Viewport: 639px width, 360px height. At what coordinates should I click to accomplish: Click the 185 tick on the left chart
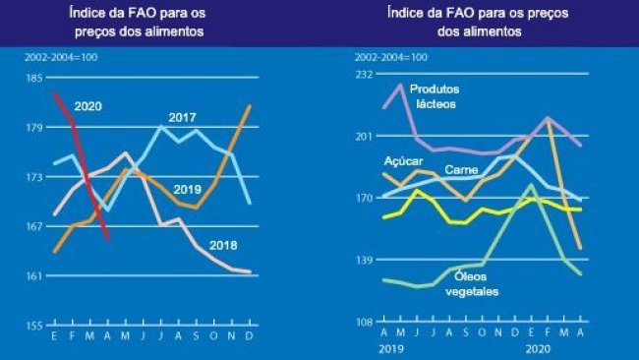(32, 78)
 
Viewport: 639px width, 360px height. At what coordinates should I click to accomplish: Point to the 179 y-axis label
(32, 127)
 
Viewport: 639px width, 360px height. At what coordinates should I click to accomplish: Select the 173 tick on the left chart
(32, 177)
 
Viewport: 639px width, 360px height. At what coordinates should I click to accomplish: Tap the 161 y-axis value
(32, 275)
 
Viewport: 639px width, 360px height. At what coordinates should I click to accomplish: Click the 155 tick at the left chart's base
(32, 325)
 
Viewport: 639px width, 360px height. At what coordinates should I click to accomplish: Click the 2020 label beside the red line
(88, 106)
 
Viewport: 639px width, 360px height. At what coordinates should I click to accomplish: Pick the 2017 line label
(182, 117)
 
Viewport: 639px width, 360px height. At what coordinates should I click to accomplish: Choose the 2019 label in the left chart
(188, 189)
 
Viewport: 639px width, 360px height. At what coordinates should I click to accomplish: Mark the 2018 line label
(224, 244)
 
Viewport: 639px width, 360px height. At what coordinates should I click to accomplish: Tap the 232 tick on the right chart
(364, 74)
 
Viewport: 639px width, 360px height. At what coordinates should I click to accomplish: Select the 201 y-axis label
(364, 136)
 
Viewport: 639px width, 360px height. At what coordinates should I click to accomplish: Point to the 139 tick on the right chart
(364, 260)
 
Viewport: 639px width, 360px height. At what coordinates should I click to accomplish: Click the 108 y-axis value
(364, 322)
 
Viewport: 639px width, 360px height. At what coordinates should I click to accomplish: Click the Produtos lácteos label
(436, 95)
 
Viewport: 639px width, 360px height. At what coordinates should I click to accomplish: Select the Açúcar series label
(403, 158)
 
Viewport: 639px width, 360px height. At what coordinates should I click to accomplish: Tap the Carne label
(462, 170)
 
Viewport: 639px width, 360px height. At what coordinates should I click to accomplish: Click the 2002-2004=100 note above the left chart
(57, 56)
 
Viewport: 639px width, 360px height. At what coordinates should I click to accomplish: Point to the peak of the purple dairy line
(401, 85)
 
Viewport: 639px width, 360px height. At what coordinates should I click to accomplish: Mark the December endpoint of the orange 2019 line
(250, 105)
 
